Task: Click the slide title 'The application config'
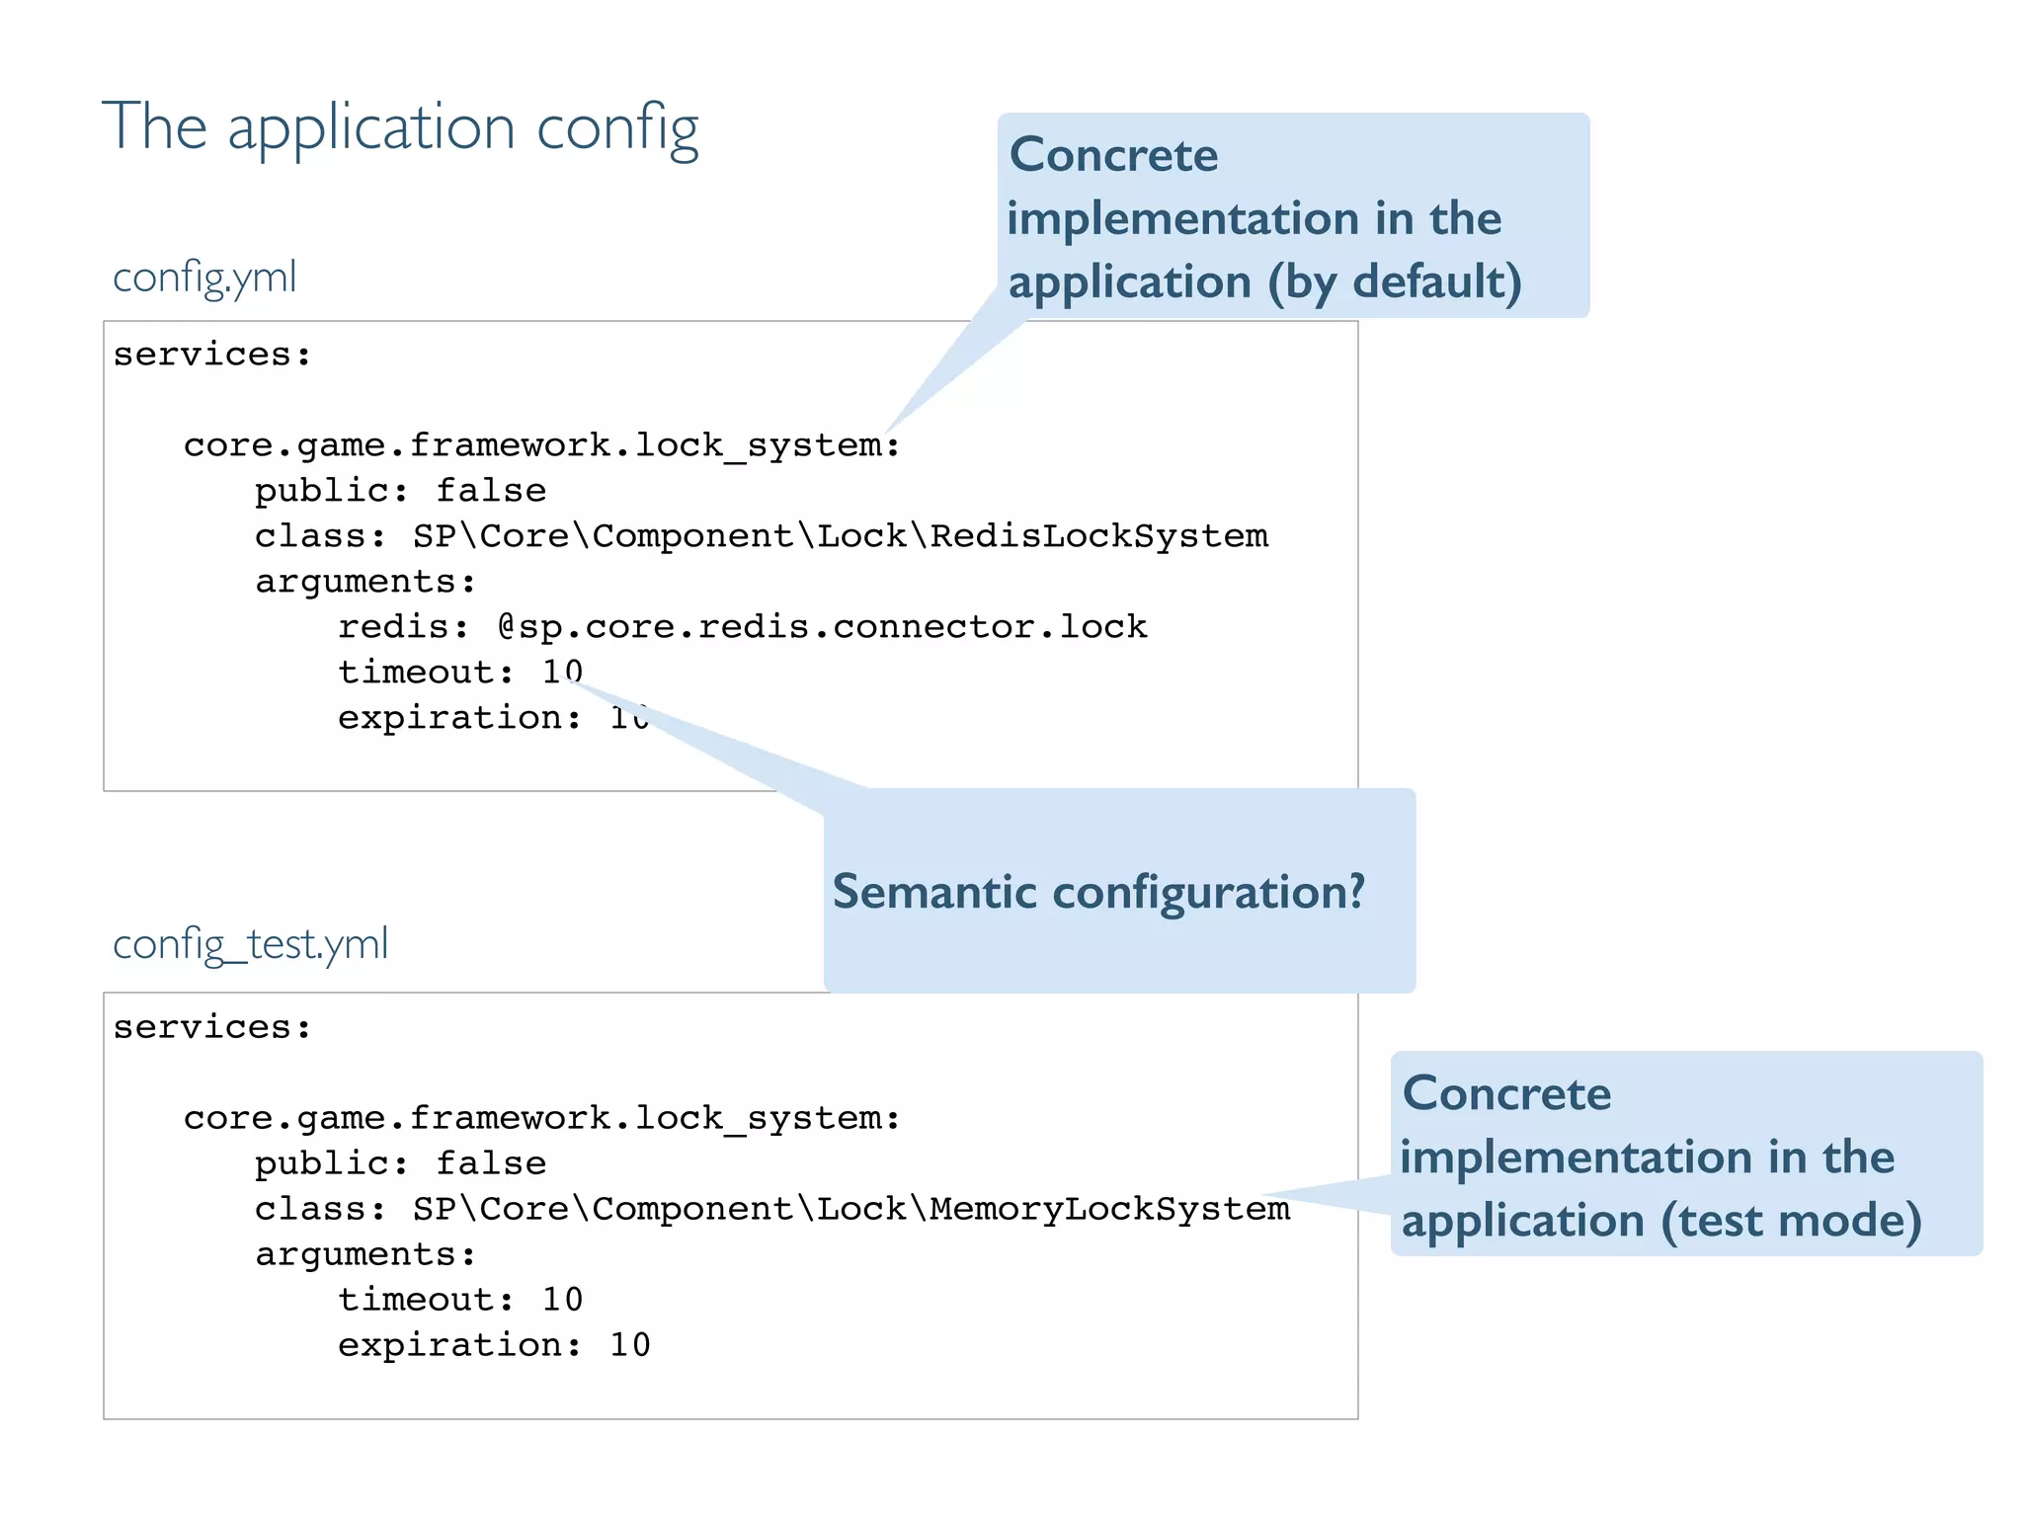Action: tap(400, 128)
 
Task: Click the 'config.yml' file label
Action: tap(204, 278)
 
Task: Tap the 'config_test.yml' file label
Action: tap(250, 944)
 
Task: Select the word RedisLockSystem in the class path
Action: tap(1098, 536)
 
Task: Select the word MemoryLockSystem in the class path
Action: tap(1109, 1209)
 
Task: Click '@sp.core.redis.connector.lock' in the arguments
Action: tap(822, 627)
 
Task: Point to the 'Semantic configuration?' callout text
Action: tap(1098, 892)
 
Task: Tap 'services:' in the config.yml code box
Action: tap(212, 355)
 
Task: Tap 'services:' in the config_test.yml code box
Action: tap(212, 1027)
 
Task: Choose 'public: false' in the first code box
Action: tap(400, 491)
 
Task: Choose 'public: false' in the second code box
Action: tap(400, 1163)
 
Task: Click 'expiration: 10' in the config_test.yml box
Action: tap(494, 1345)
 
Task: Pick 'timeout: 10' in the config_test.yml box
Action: tap(460, 1300)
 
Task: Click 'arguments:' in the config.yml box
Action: tap(365, 582)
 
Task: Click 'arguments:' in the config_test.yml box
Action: tap(365, 1254)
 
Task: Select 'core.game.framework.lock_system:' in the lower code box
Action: tap(541, 1118)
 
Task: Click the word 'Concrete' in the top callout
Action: tap(1113, 156)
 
